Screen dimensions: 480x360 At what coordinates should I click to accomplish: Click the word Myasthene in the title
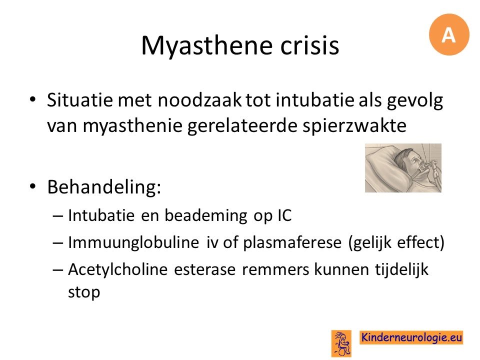tap(206, 46)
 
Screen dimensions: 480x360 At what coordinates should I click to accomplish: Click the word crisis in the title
tap(309, 45)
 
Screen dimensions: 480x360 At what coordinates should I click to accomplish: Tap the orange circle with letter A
tap(449, 34)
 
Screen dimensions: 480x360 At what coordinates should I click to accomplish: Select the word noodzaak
tap(199, 100)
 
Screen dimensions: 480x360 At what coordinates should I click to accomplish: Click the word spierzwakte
tap(354, 126)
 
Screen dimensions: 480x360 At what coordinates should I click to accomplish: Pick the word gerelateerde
tap(242, 126)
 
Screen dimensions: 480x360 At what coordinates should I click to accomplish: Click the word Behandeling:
tap(104, 187)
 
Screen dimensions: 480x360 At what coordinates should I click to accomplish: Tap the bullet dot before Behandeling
tap(33, 186)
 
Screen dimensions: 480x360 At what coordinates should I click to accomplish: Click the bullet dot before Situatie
tap(33, 100)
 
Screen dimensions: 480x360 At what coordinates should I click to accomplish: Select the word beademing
tap(205, 216)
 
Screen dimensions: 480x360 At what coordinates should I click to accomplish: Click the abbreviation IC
tap(284, 215)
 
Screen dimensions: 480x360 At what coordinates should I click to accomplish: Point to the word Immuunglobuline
tap(133, 243)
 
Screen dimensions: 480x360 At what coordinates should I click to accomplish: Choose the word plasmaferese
tap(292, 243)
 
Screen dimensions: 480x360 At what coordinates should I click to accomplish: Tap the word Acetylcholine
tap(118, 269)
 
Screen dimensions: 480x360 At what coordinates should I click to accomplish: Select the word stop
tap(84, 292)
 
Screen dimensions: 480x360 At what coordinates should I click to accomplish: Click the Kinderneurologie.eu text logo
tap(411, 337)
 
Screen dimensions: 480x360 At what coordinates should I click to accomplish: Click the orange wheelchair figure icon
tap(341, 343)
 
